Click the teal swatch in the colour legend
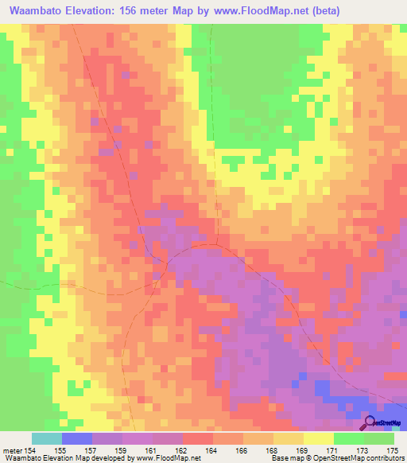point(47,438)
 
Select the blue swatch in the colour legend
point(77,438)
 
